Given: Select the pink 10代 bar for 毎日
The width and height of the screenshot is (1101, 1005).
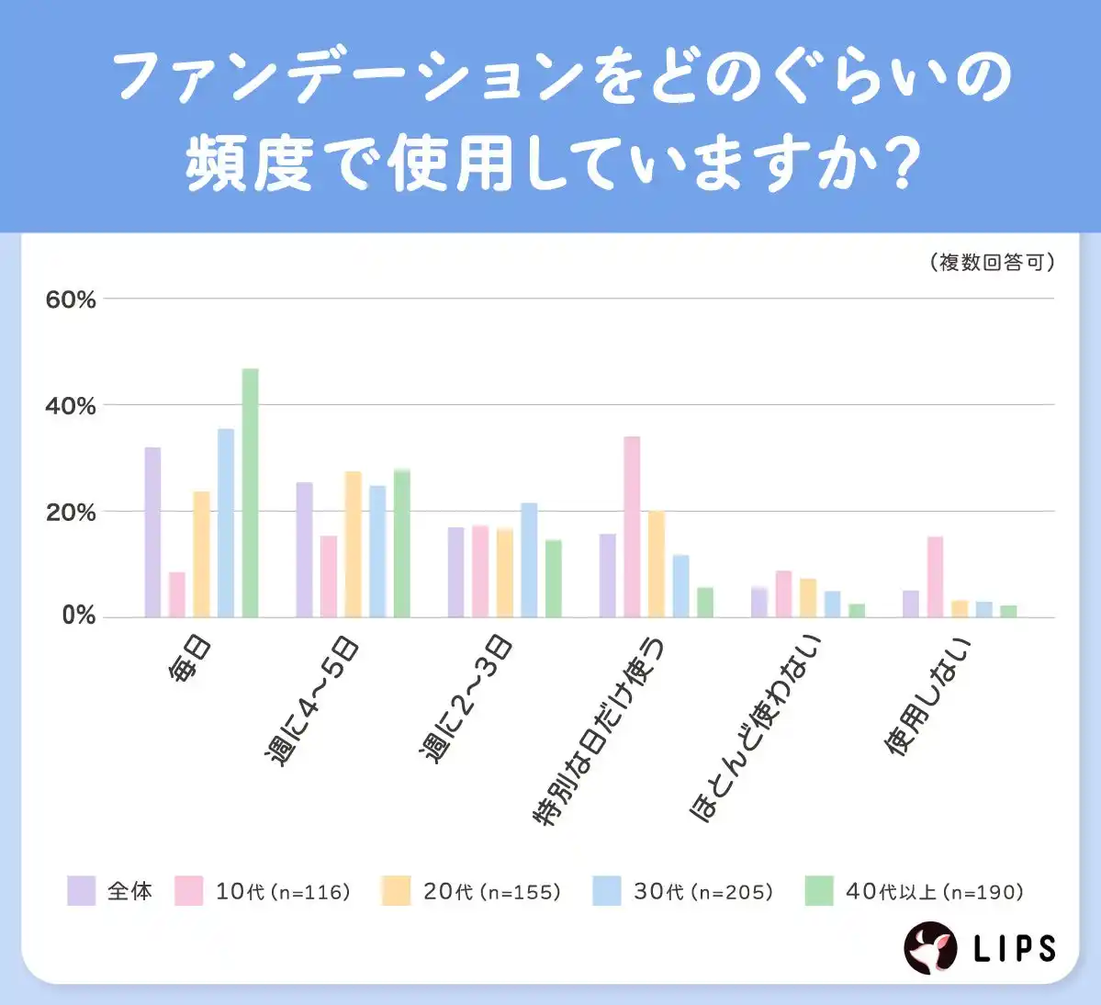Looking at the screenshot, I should click(x=177, y=594).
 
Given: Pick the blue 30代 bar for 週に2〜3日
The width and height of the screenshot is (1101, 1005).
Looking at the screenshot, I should click(x=529, y=559).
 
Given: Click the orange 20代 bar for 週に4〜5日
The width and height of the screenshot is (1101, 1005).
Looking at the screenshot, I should click(x=353, y=544).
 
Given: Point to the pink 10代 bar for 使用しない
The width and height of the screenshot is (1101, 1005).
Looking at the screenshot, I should click(x=935, y=577).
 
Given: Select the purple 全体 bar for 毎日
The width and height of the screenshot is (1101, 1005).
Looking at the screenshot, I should click(x=152, y=532).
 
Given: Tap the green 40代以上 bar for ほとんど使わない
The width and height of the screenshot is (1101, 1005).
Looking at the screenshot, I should click(x=857, y=610).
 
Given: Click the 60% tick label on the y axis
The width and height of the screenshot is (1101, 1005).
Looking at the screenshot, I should click(x=71, y=299).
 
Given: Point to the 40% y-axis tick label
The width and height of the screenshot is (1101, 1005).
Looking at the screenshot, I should click(x=71, y=406).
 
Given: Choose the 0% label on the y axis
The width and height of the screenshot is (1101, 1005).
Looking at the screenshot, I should click(x=78, y=615).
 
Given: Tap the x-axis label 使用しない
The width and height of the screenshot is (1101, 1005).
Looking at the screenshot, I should click(x=927, y=696).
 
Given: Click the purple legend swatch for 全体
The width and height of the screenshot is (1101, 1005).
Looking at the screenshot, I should click(x=81, y=891).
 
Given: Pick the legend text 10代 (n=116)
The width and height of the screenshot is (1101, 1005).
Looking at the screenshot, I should click(x=283, y=891).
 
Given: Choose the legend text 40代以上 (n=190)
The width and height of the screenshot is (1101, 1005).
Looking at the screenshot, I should click(x=934, y=891).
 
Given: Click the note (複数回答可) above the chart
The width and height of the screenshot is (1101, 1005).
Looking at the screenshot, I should click(x=992, y=263).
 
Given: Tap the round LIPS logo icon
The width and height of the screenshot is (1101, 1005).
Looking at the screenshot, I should click(x=931, y=948).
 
